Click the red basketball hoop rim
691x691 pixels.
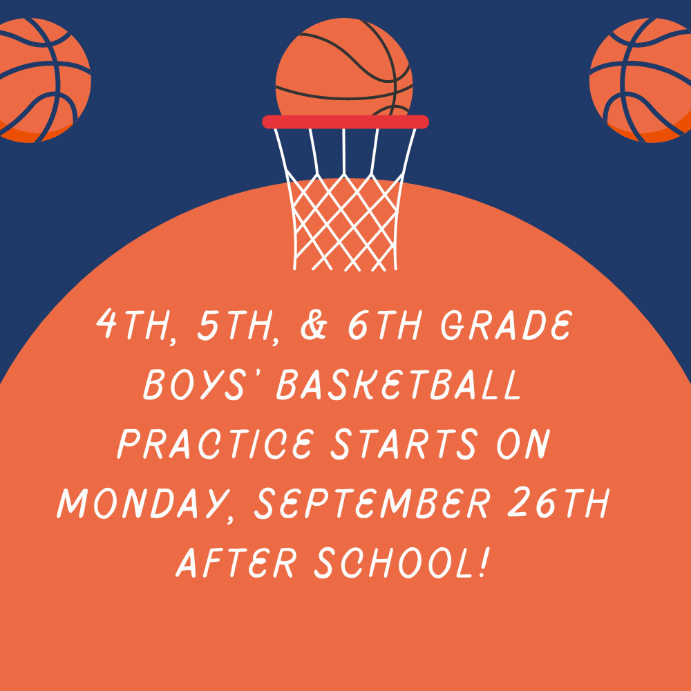coord(345,122)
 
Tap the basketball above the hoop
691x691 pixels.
coord(344,67)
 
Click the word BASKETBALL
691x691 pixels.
coord(399,385)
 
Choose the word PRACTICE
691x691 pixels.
coord(216,444)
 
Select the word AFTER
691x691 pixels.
coord(235,562)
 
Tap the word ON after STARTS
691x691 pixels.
coord(524,444)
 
